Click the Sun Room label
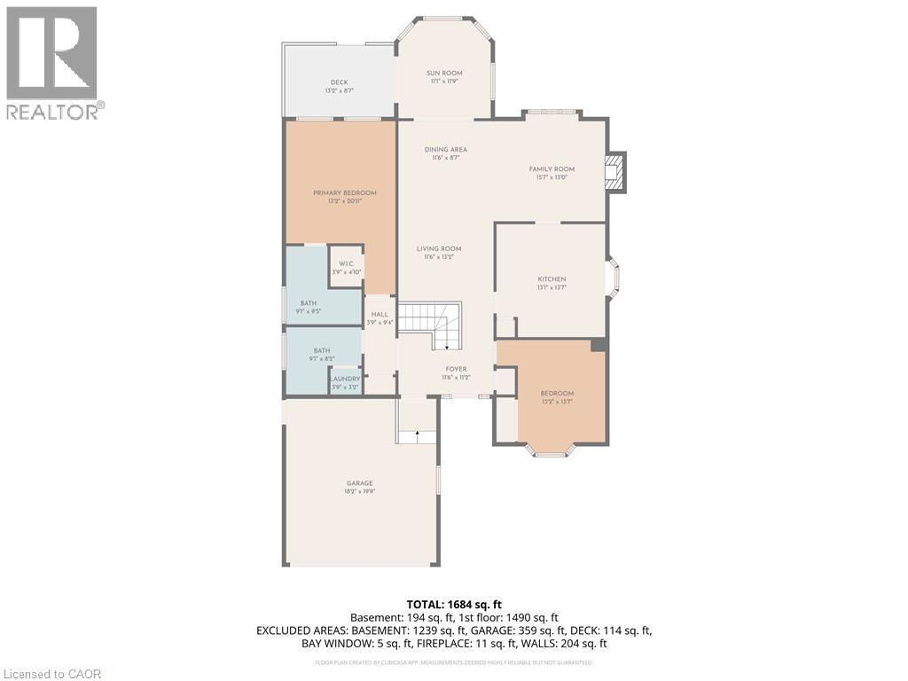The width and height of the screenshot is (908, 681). point(444,77)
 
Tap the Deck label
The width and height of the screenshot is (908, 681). point(339,86)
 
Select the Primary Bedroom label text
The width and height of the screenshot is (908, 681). point(344,197)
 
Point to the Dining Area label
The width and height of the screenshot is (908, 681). point(445,153)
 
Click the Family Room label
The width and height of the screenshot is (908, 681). point(552,173)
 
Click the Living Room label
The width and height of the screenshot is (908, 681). point(439,253)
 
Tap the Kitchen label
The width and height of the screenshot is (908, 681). point(552,283)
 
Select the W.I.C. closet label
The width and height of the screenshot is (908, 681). point(346,267)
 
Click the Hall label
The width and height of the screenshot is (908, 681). point(380,318)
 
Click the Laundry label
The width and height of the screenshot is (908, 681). point(345,382)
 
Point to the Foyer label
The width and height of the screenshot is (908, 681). point(456,372)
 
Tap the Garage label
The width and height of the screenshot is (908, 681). point(359,487)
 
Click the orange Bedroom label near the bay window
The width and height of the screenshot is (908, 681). point(557,397)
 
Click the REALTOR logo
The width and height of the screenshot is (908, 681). point(53,62)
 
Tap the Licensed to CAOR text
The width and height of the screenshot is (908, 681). point(51,674)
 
